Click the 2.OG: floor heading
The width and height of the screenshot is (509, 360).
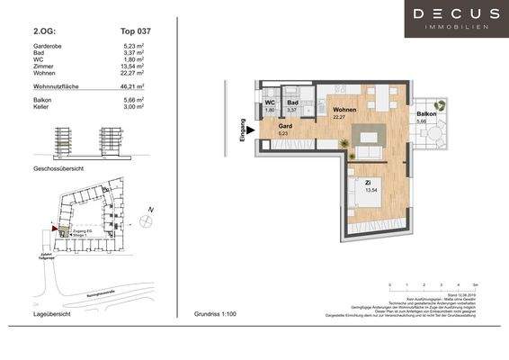[x=44, y=30]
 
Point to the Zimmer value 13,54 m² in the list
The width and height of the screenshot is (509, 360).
[x=135, y=67]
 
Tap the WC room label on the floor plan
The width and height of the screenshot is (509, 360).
[x=270, y=103]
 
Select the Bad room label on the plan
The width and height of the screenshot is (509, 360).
[x=291, y=103]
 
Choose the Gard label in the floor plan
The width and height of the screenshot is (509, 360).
[x=284, y=127]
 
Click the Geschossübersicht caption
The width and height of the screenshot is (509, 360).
[x=59, y=167]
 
